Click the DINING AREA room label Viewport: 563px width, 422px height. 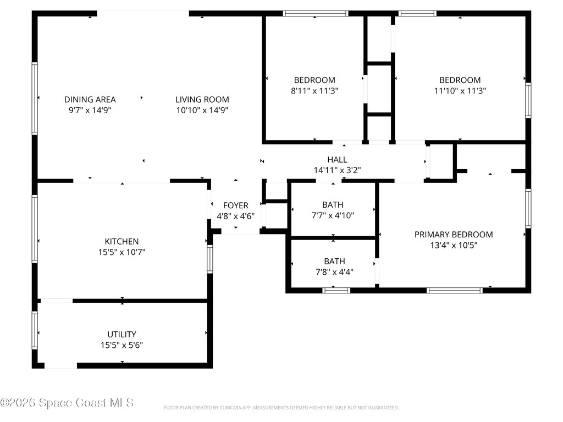[x=90, y=99]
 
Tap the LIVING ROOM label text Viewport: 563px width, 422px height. [x=202, y=99]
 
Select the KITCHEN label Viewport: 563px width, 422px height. [x=122, y=241]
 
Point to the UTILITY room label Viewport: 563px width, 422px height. [x=122, y=334]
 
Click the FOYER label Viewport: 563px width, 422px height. [x=235, y=206]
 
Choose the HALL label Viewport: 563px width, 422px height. [x=336, y=159]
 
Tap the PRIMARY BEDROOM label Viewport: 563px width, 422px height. [x=453, y=235]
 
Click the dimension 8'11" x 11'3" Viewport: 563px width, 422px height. [x=314, y=91]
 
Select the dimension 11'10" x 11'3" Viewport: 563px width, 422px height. [x=460, y=91]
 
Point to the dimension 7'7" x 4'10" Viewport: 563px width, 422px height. [x=333, y=215]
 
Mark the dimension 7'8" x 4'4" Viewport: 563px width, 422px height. [x=334, y=272]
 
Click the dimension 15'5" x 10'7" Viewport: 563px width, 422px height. [x=122, y=252]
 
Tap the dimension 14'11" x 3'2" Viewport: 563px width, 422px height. [x=336, y=170]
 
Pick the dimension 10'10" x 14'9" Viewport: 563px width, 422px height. [x=202, y=110]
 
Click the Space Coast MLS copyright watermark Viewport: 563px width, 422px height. [x=67, y=403]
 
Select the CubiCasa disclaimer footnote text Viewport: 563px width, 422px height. [x=281, y=408]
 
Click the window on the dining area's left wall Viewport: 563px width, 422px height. [x=35, y=98]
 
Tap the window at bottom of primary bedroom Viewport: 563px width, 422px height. [x=454, y=290]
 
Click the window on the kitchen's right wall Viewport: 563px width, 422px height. [x=210, y=259]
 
